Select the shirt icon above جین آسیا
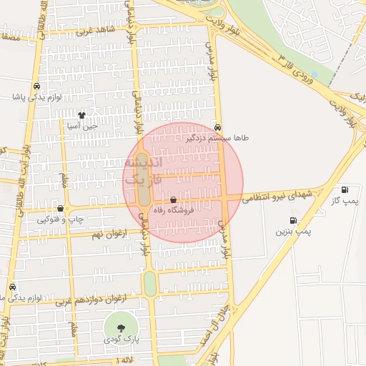pos(82,114)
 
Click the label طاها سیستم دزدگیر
pos(217,137)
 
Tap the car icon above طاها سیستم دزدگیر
pos(217,126)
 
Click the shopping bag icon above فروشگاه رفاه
pos(174,200)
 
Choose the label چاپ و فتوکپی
pos(61,219)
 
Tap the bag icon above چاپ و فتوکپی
pos(60,209)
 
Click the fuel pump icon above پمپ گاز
pos(346,190)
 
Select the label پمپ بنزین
pos(293,232)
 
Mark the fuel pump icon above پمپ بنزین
pos(293,220)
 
